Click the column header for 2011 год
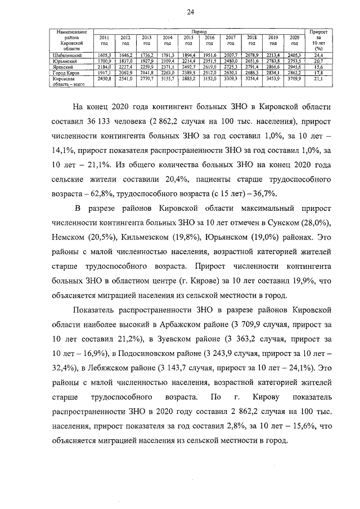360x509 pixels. tap(103, 39)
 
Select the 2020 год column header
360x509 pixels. tap(294, 39)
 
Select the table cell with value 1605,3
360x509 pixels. tap(103, 55)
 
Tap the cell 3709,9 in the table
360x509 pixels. tap(294, 79)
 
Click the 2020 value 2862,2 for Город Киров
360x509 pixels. tap(294, 73)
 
